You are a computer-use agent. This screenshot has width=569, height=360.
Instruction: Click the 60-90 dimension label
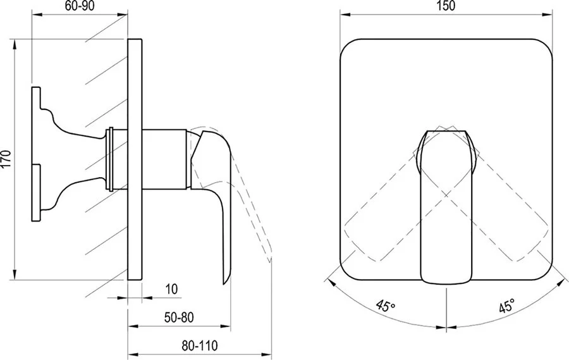79,8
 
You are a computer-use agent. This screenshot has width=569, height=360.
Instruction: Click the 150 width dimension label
446,7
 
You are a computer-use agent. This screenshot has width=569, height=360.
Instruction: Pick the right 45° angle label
505,307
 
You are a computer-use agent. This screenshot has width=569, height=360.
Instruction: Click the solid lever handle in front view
446,209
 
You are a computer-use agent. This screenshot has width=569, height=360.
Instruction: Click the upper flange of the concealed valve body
35,108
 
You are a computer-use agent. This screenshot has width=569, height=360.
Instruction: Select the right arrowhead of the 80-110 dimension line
269,353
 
